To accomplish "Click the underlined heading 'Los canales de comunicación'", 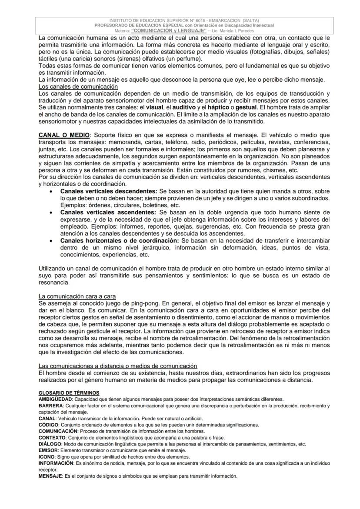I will (x=78, y=86).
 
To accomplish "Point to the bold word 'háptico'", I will (x=208, y=107).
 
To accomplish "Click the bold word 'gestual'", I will (x=246, y=107).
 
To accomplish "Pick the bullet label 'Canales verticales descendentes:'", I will (x=109, y=191).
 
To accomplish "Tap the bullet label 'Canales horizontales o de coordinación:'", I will (x=120, y=240).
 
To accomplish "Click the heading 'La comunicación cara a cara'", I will (x=77, y=296).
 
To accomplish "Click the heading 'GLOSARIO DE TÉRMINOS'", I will (x=69, y=393).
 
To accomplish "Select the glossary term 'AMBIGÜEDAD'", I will (x=55, y=399).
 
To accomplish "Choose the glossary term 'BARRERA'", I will (x=50, y=406).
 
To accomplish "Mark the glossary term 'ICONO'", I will (x=47, y=457).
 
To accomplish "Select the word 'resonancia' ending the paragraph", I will (x=54, y=282).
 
